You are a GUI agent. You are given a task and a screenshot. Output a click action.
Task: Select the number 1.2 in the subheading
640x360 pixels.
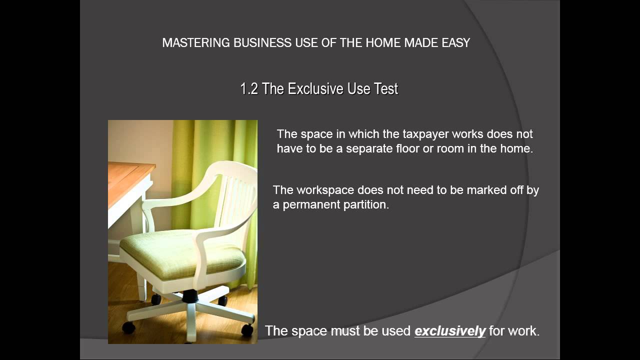[249, 89]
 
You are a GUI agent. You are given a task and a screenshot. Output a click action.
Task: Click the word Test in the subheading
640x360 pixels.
[385, 89]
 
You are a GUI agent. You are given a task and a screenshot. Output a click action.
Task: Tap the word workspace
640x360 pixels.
[325, 190]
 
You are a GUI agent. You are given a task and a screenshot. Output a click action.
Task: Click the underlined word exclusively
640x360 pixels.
[450, 330]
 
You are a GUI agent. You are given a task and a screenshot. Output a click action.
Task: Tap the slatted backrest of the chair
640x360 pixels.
[235, 200]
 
